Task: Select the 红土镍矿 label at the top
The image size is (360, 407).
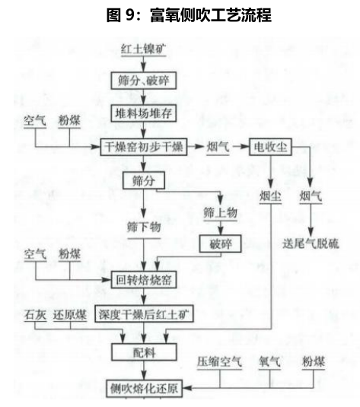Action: (144, 49)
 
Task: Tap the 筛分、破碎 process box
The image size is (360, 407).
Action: (144, 81)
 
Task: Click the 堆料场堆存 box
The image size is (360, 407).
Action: (144, 113)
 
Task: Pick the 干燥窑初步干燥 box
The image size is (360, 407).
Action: (144, 147)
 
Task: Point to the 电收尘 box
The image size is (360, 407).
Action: (270, 147)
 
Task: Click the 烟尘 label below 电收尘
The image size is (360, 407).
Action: (270, 196)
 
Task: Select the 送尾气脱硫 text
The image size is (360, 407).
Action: (311, 243)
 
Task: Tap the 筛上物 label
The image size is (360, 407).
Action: (220, 213)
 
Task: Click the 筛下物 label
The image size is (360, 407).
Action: (144, 227)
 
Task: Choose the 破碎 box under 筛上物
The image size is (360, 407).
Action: (220, 243)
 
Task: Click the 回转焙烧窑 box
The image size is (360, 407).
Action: (144, 280)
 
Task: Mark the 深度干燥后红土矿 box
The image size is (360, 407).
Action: (144, 314)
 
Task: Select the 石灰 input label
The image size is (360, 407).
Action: (35, 315)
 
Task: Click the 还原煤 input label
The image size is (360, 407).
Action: (70, 315)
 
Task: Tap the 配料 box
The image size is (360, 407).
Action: (144, 352)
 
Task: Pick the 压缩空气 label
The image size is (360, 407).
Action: (219, 362)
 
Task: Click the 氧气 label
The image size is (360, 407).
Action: (269, 362)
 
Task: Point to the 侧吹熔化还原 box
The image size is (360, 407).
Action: (144, 389)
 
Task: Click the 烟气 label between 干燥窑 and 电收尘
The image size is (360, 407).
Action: (218, 147)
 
